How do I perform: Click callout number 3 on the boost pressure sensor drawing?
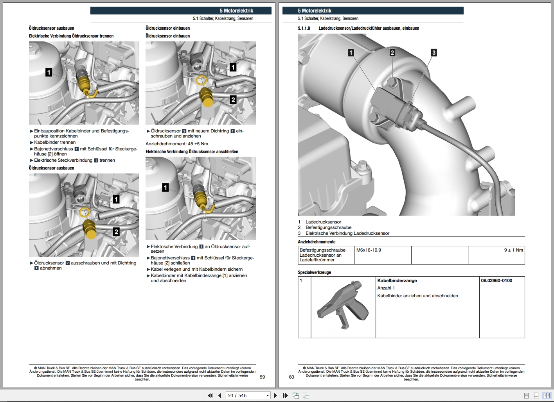click(433, 53)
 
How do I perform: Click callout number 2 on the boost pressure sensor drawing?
click(392, 53)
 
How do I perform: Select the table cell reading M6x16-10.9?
click(369, 250)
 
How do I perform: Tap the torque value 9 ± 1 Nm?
click(513, 250)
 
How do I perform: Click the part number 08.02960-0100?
click(496, 281)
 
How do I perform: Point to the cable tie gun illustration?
click(343, 305)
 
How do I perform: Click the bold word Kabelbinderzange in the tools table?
click(397, 281)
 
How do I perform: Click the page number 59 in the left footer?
click(262, 377)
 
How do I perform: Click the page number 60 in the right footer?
click(291, 377)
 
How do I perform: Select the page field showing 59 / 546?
click(248, 396)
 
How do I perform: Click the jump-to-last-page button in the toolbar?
click(285, 396)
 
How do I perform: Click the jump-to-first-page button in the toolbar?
click(210, 396)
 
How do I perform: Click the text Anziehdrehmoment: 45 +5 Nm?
click(177, 144)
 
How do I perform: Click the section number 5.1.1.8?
click(304, 28)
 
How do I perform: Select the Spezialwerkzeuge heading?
click(314, 272)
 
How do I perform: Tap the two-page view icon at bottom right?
click(546, 396)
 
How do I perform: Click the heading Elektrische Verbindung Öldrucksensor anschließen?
click(192, 152)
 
